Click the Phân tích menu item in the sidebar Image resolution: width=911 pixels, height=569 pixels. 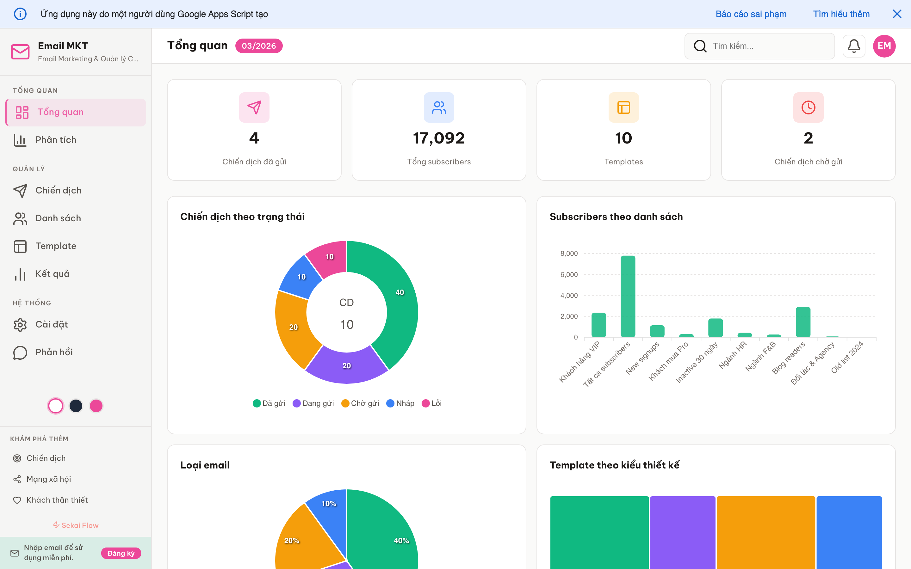(56, 140)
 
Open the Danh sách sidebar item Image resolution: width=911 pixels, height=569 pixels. (58, 218)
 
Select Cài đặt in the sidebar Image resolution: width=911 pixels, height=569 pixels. (52, 324)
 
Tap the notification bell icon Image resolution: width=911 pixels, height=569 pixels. (853, 46)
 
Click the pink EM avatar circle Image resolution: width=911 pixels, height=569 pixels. (884, 46)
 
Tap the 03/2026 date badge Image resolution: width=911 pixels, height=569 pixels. (259, 46)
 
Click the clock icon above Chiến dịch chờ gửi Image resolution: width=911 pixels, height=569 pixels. (808, 107)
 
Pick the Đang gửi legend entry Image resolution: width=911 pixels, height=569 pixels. (313, 403)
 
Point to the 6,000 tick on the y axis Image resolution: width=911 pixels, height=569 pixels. (569, 275)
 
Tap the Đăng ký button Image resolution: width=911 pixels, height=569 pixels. (121, 553)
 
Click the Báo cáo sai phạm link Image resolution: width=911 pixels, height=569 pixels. (751, 14)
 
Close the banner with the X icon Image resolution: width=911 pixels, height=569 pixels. (897, 14)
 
